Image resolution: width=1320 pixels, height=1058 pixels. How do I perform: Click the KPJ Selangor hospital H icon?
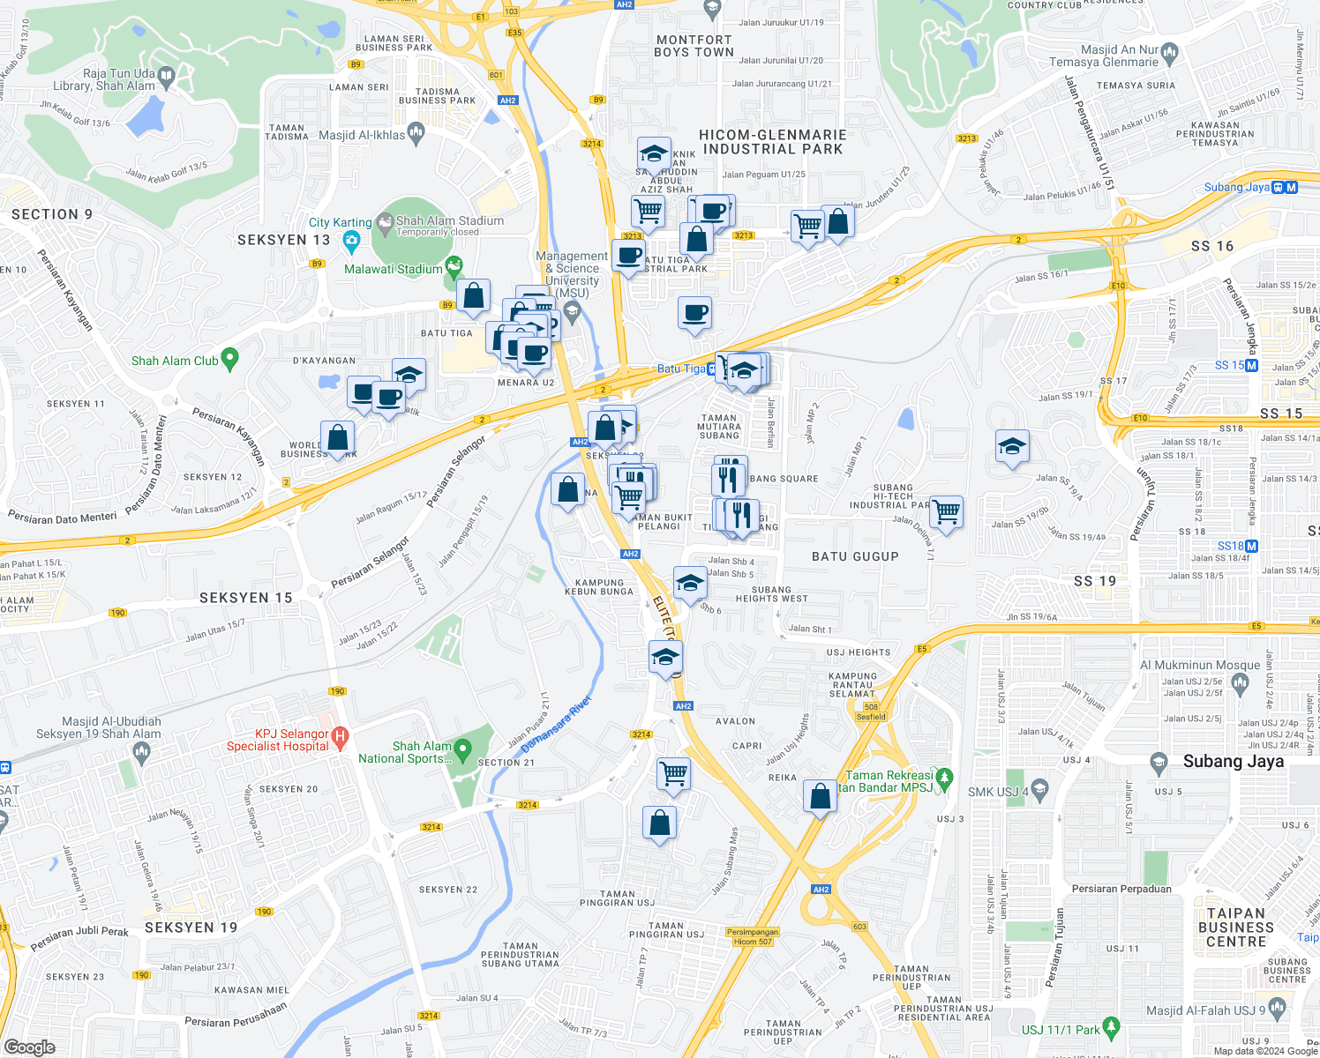[341, 734]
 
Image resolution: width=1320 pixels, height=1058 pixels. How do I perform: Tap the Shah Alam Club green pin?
[229, 359]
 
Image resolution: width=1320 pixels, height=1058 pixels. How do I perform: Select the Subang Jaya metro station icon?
[1291, 187]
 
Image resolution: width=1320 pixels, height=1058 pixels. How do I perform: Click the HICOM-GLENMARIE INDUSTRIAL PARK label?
[772, 142]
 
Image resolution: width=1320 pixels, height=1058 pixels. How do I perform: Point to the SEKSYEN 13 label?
[283, 240]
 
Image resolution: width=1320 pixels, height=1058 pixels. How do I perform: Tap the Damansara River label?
[556, 725]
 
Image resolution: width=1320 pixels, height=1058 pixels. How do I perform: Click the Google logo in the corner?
[29, 1047]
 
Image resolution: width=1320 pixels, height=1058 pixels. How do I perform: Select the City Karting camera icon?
[351, 240]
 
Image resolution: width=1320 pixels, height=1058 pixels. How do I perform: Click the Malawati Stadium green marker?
[454, 264]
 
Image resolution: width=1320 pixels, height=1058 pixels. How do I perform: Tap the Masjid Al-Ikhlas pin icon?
[416, 133]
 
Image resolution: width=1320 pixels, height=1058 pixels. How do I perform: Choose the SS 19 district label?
[1095, 581]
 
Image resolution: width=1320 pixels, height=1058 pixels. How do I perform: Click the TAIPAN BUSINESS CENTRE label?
[1235, 927]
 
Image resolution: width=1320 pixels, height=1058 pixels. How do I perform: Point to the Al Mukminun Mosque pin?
[1240, 682]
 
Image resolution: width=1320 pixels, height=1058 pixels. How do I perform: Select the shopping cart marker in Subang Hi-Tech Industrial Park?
[946, 510]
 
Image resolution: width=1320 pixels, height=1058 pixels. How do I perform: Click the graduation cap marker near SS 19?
[1011, 445]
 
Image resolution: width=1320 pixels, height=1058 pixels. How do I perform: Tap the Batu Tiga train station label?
[681, 369]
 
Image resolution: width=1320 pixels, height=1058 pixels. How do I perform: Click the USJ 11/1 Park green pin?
[1111, 1026]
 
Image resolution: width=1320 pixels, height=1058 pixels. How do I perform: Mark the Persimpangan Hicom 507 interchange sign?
[753, 936]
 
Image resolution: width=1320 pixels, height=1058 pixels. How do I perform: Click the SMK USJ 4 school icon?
[1039, 789]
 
